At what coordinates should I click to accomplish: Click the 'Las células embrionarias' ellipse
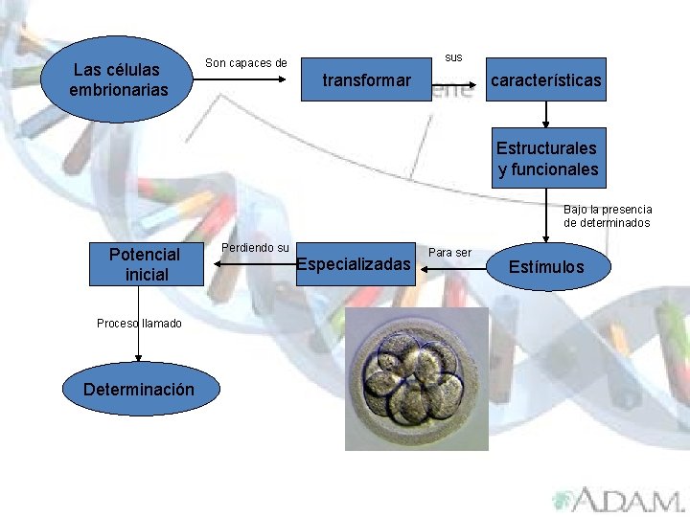(x=118, y=79)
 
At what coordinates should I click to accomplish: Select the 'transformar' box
(x=366, y=80)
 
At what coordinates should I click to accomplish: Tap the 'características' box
(x=546, y=80)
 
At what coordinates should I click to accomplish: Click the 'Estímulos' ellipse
(x=545, y=267)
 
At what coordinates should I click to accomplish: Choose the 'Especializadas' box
(x=354, y=263)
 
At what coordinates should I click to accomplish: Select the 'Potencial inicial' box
(x=145, y=264)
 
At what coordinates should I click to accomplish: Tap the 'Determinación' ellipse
(x=139, y=390)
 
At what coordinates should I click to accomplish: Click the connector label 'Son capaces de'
(x=246, y=63)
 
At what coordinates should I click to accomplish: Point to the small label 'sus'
(x=454, y=57)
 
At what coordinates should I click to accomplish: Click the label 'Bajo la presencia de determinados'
(x=607, y=215)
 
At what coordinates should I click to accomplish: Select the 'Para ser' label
(x=449, y=253)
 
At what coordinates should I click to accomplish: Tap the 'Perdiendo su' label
(x=255, y=248)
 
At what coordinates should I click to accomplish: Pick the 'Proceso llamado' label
(x=139, y=324)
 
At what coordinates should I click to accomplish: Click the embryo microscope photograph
(x=417, y=378)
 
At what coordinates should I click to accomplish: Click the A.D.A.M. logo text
(x=618, y=500)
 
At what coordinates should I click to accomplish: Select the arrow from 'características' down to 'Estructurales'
(x=545, y=115)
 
